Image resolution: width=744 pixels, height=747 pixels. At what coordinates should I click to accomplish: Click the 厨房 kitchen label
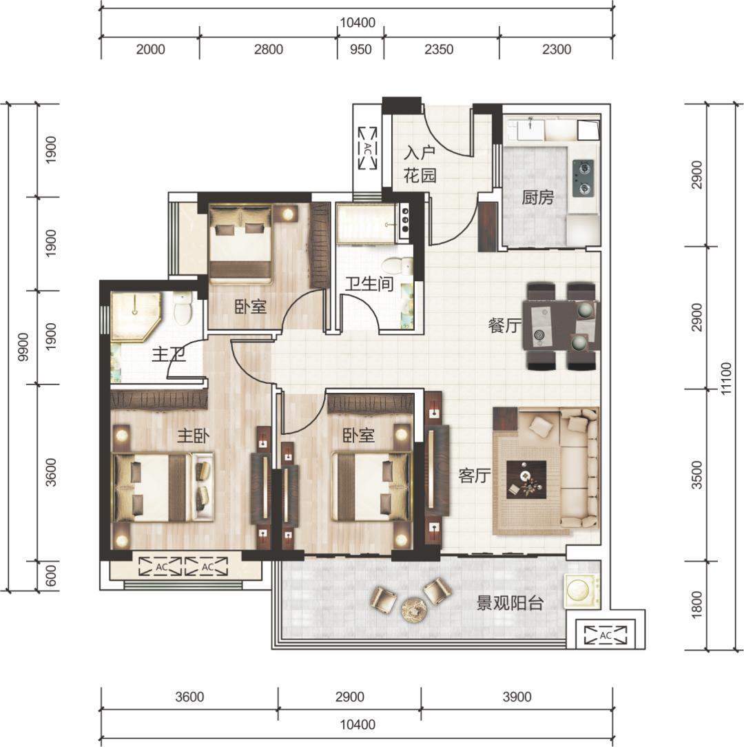(x=538, y=197)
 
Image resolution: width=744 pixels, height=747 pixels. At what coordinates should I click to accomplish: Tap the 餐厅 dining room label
(x=505, y=326)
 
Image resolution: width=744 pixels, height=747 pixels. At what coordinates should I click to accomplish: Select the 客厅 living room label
(x=475, y=475)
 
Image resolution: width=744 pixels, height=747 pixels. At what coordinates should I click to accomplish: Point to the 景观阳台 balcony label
(x=510, y=604)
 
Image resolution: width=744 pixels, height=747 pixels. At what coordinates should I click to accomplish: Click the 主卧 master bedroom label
(x=194, y=436)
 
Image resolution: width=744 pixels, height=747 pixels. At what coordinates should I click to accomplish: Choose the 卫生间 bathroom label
(x=370, y=285)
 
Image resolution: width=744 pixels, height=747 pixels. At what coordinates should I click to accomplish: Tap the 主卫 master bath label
(x=169, y=355)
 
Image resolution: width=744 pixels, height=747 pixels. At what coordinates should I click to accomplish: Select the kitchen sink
(x=530, y=129)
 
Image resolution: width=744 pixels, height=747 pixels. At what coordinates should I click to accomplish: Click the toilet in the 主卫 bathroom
(x=183, y=308)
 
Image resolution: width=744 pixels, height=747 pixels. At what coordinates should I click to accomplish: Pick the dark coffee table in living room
(x=526, y=480)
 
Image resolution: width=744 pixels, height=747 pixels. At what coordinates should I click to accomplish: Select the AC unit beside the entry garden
(x=368, y=147)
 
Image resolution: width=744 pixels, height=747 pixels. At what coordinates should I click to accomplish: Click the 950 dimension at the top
(x=360, y=50)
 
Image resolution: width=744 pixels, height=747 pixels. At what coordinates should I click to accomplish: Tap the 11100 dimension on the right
(x=725, y=378)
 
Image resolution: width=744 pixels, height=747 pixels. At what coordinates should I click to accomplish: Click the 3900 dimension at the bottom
(x=517, y=697)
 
